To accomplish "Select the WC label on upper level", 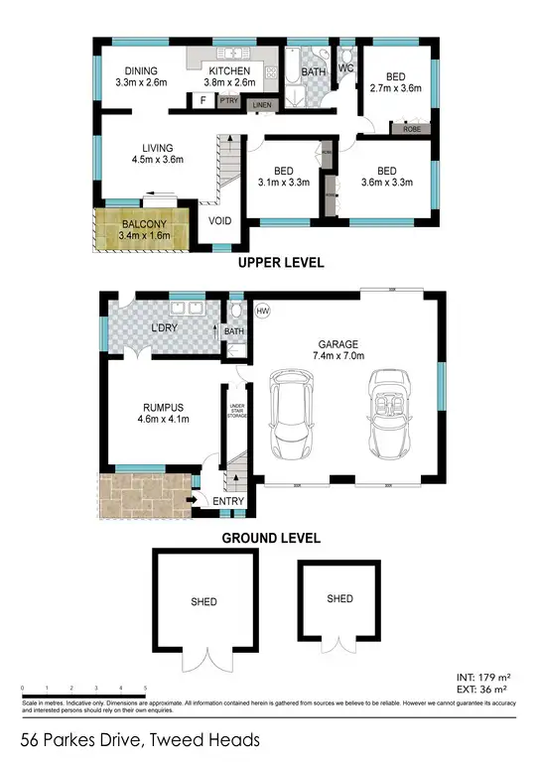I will pos(346,68).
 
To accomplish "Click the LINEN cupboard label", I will pos(262,105).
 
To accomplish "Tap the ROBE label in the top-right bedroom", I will pos(410,129).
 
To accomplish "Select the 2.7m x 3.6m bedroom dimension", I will pos(395,88).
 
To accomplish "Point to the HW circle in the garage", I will pos(262,312).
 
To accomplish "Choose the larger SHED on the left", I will pos(206,601).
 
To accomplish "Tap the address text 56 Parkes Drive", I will pos(140,739).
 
